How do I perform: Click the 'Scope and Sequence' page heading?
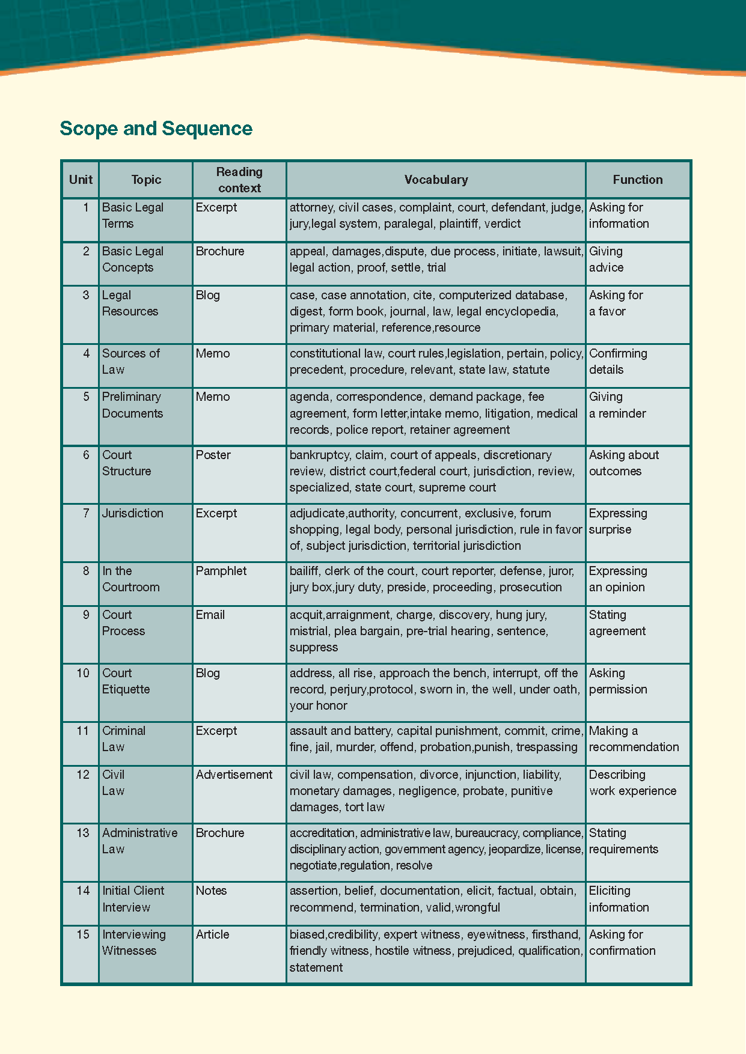pos(156,129)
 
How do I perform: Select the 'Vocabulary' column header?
pos(436,180)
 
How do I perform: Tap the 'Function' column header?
pos(637,180)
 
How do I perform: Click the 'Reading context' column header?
pos(239,180)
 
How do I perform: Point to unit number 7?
pos(86,513)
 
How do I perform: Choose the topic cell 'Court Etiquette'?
pos(126,681)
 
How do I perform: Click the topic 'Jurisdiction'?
pos(132,513)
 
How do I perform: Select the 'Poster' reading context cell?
pos(213,455)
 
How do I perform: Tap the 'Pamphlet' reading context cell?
pos(221,571)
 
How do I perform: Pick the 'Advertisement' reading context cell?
pos(234,775)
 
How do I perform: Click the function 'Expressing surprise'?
pos(618,521)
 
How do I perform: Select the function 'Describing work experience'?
pos(632,782)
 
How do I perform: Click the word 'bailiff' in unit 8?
pos(304,571)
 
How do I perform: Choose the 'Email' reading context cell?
pos(210,615)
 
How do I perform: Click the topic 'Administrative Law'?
pos(139,841)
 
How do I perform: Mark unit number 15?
pos(83,934)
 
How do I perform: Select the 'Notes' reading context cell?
pos(211,891)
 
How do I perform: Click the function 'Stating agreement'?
pos(617,623)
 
